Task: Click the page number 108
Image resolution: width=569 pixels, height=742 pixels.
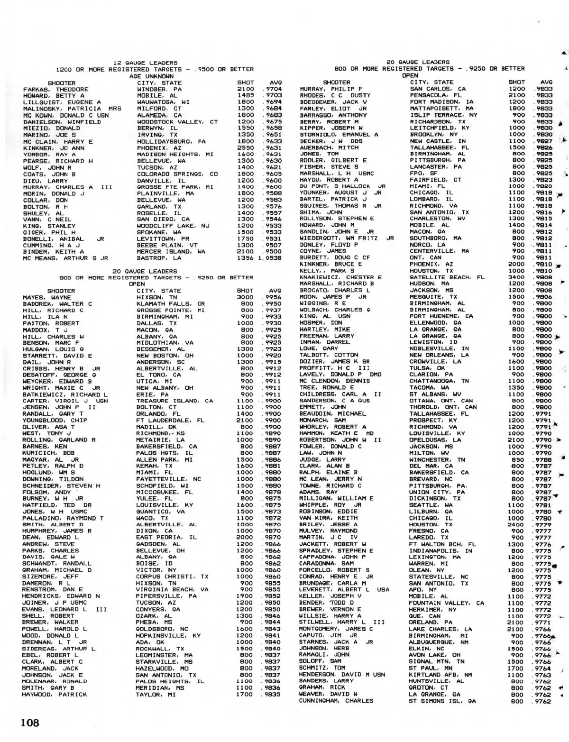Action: [29, 723]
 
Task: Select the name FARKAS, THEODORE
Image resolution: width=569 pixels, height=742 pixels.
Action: [55, 89]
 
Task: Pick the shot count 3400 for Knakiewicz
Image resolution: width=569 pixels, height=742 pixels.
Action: [517, 277]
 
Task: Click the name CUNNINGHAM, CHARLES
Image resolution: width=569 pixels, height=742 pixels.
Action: [336, 701]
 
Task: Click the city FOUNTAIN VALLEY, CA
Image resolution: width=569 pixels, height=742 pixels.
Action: [446, 603]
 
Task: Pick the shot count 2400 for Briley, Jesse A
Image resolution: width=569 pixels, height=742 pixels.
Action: [517, 525]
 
